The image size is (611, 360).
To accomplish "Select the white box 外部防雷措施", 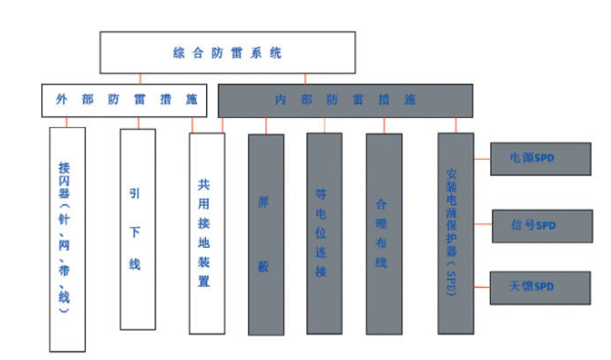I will (x=128, y=100).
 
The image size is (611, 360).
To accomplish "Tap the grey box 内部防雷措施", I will (x=345, y=100).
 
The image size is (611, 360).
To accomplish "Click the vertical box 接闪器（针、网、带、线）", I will (x=66, y=238).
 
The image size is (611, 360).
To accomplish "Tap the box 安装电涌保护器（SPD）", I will (x=455, y=234).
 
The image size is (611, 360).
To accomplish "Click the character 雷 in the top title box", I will (x=253, y=52).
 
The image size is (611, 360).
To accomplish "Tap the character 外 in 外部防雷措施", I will (x=61, y=100).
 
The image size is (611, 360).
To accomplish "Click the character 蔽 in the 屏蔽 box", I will (x=265, y=264).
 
